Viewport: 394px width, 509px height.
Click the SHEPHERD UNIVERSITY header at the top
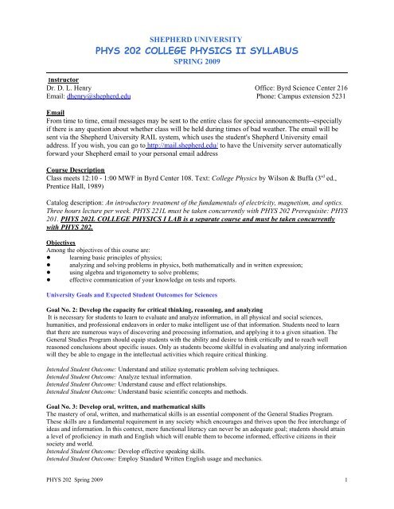pyautogui.click(x=196, y=36)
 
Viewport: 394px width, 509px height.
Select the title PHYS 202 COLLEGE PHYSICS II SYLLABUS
pyautogui.click(x=196, y=52)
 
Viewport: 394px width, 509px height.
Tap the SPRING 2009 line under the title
pyautogui.click(x=196, y=68)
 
